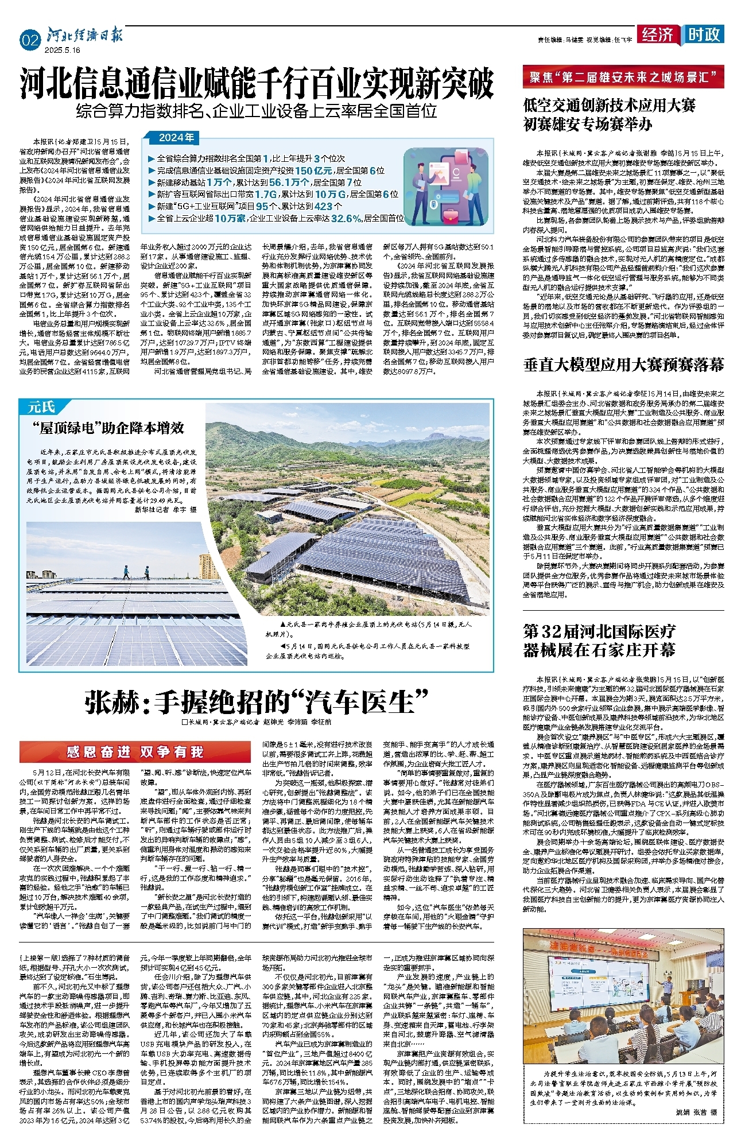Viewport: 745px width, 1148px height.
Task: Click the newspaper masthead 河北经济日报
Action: click(84, 36)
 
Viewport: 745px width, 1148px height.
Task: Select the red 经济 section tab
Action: click(658, 34)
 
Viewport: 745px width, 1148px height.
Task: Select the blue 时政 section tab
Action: click(704, 34)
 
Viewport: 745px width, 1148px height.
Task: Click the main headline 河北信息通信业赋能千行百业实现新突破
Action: click(257, 84)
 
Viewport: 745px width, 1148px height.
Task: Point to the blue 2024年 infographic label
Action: click(176, 138)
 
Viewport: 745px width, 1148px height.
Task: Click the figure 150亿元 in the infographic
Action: click(313, 170)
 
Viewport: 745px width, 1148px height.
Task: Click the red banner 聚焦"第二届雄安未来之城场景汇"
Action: click(623, 77)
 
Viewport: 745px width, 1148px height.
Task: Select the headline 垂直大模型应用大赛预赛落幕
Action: click(623, 365)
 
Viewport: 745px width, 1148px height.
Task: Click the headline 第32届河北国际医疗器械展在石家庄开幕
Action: click(600, 641)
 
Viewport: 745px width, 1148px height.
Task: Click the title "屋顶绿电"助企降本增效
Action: click(108, 428)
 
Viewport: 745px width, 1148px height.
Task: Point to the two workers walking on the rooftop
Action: click(135, 572)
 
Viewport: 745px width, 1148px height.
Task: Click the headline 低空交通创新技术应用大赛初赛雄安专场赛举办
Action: click(610, 114)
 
